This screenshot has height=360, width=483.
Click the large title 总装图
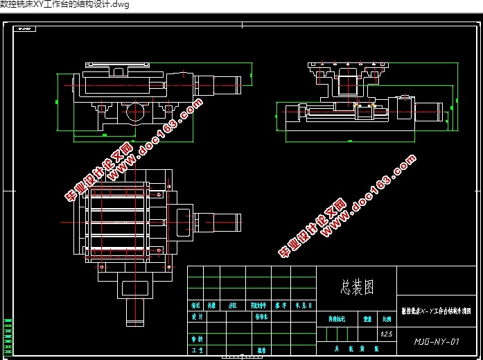click(x=358, y=285)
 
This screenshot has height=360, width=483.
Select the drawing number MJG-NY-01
click(x=437, y=341)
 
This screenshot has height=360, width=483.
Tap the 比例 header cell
click(x=385, y=320)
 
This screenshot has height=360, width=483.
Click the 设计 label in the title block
click(x=196, y=316)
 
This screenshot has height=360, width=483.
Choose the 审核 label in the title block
click(x=196, y=339)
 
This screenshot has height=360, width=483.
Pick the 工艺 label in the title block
click(x=196, y=351)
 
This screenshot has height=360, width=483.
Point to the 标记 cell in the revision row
click(x=195, y=305)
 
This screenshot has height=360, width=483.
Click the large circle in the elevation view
click(x=136, y=111)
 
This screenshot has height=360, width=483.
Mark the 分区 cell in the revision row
click(x=233, y=305)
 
